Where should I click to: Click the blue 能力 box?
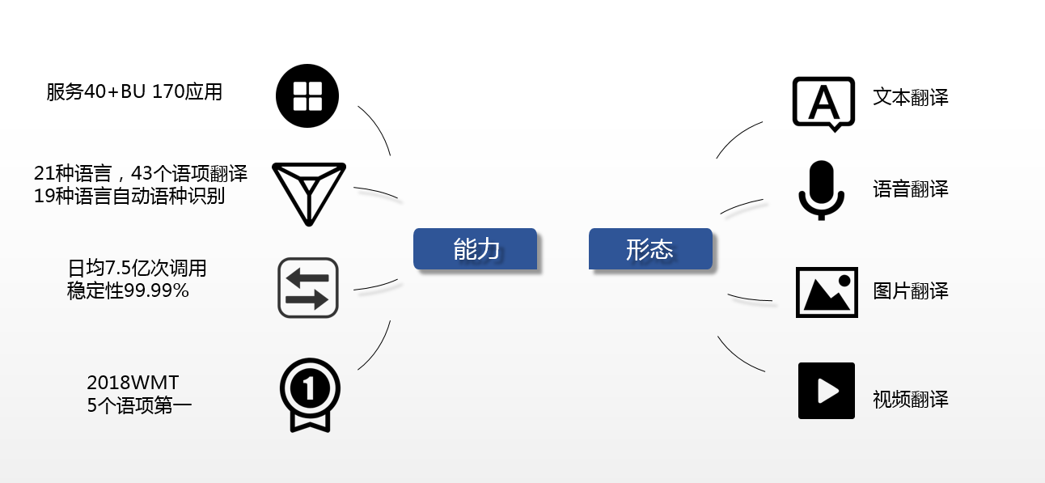coord(476,248)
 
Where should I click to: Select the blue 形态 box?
coord(650,248)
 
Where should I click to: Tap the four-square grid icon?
coord(307,96)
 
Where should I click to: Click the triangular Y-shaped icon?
coord(308,192)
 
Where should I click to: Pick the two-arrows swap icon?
coord(307,288)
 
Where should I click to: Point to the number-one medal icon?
coord(310,394)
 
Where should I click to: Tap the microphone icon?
coord(821,190)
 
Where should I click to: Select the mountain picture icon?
coord(827,291)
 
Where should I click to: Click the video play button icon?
coord(827,391)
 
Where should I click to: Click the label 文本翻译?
coord(911,98)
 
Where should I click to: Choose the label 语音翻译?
coord(911,190)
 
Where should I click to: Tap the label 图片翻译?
coord(911,291)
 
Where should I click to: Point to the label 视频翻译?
coord(911,400)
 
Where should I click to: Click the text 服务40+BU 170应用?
coord(134,92)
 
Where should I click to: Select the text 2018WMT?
coord(133,382)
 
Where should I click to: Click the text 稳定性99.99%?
coord(128,290)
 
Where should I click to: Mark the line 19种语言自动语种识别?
coord(129,196)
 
